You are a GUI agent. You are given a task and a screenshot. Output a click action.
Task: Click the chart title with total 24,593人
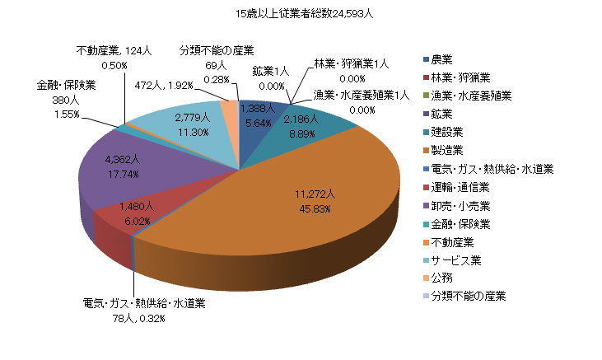point(305,13)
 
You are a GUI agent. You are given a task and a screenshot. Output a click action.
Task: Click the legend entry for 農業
point(443,59)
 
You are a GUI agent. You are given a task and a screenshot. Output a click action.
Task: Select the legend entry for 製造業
point(449,151)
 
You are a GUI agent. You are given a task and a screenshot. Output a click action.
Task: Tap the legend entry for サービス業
point(455,260)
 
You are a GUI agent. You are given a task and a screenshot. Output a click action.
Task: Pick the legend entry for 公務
point(443,278)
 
